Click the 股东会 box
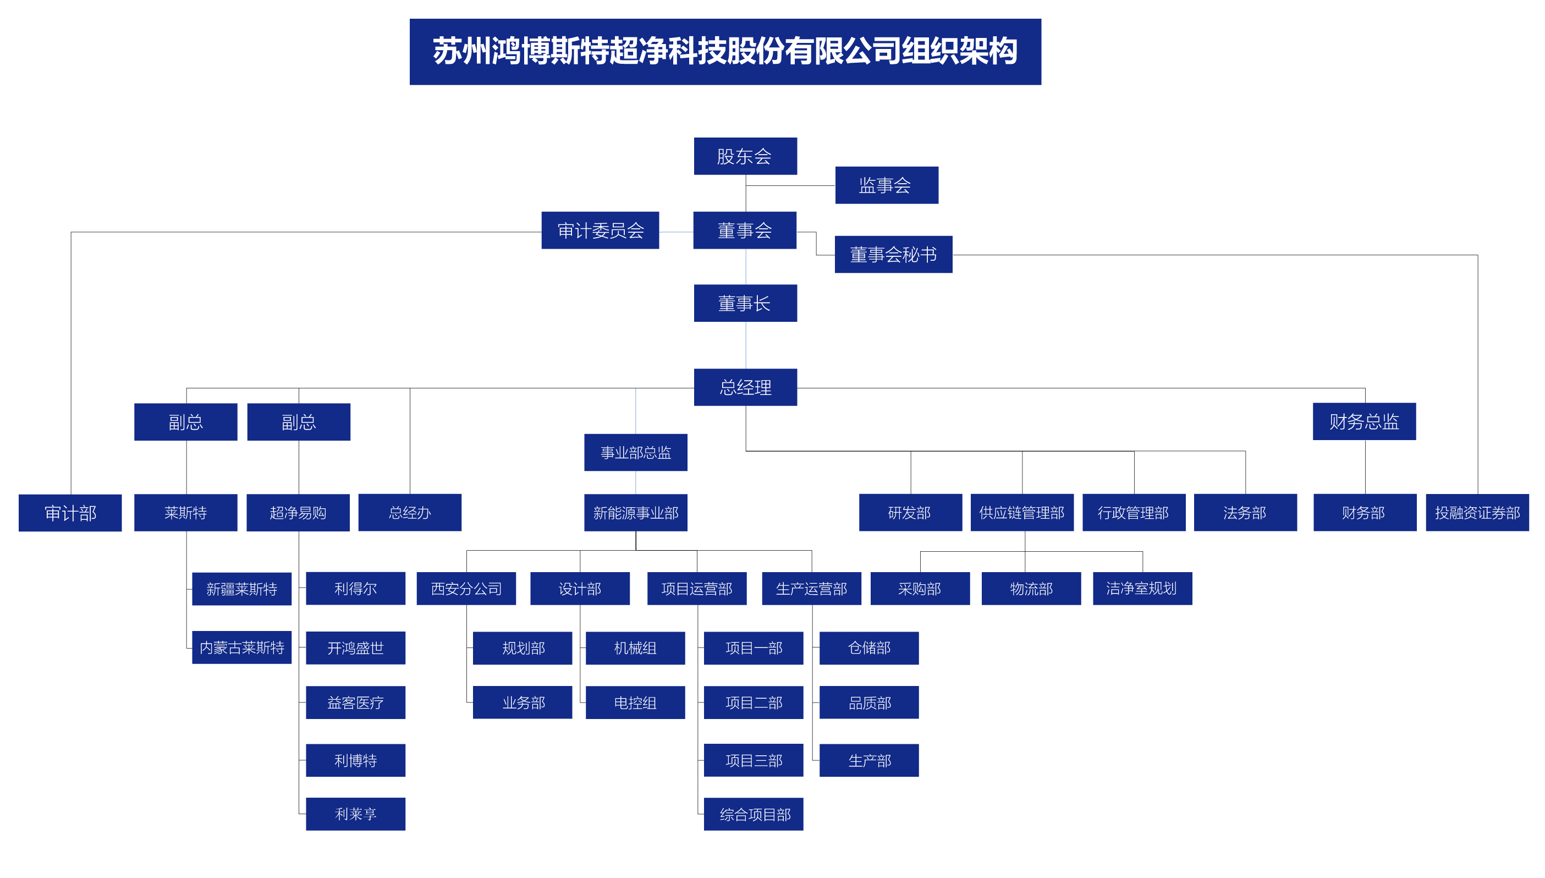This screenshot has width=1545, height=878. [x=745, y=156]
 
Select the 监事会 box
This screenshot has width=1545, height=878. [x=886, y=185]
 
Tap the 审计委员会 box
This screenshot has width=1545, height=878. [x=600, y=231]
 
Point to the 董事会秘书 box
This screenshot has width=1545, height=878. [x=893, y=255]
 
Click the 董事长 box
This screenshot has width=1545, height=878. [x=745, y=303]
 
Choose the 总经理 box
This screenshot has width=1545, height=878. [x=745, y=387]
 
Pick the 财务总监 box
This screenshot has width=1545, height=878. [x=1363, y=421]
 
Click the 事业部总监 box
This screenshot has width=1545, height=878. [x=635, y=452]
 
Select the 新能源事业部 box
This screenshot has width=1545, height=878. [x=635, y=513]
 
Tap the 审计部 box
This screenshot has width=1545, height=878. [x=70, y=513]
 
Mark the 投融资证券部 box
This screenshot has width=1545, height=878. [x=1476, y=513]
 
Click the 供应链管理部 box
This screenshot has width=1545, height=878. [x=1022, y=513]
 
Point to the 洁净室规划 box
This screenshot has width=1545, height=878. [x=1142, y=589]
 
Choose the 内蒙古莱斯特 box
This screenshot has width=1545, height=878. [x=241, y=647]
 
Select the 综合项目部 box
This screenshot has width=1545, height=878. [x=754, y=814]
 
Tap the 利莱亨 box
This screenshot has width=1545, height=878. [x=355, y=814]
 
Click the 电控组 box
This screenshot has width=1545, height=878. [x=635, y=703]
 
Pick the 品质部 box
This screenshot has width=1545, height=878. [x=868, y=703]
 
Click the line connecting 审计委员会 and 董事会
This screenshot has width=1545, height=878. [x=676, y=232]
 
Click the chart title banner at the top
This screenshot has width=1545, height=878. [x=725, y=52]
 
